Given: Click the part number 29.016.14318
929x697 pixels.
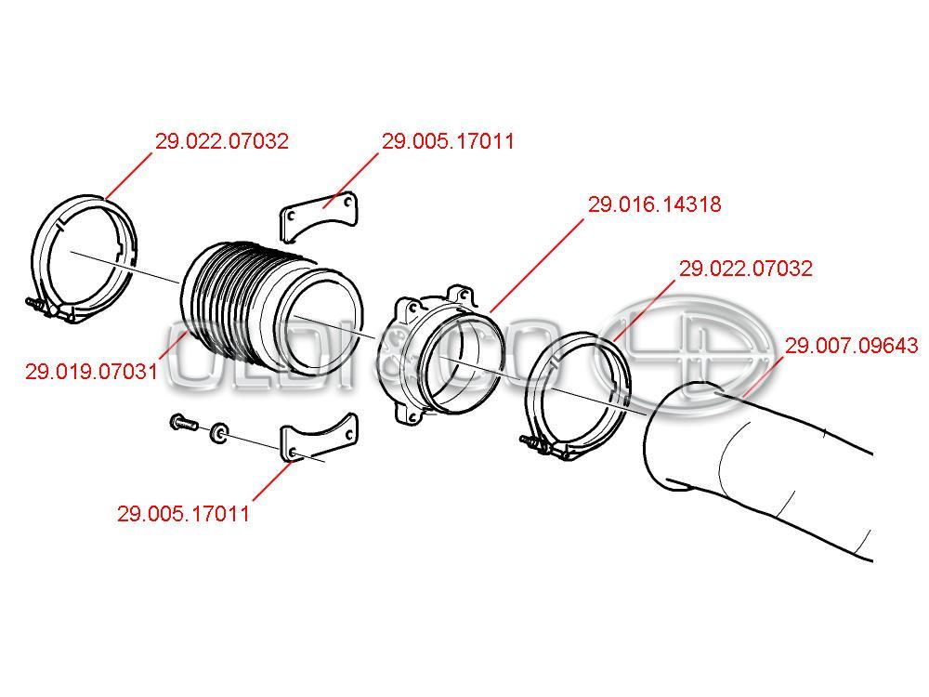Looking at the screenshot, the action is pos(654,204).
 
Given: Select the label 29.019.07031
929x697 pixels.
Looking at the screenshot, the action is pos(91,372).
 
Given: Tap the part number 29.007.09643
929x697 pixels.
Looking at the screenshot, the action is pos(851,345).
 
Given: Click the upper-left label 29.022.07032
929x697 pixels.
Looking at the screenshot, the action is pos(222,141).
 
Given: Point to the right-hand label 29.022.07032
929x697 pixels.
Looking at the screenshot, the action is pos(745,269).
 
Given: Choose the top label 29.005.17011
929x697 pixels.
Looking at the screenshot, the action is pos(448,141).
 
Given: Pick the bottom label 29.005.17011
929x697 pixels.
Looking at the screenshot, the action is pos(183,513).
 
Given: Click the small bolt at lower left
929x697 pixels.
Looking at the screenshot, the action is pos(184,423).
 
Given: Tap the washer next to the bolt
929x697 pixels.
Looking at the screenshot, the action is pos(219,433).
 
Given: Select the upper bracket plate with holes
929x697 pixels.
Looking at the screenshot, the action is pos(319,216).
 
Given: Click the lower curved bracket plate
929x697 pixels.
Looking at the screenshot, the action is pos(319,438).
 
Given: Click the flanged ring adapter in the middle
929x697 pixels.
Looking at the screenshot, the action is pos(441,356).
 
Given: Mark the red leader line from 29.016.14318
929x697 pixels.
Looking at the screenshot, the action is pos(537,266).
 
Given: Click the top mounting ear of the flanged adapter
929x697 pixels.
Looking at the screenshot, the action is pos(461,295).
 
